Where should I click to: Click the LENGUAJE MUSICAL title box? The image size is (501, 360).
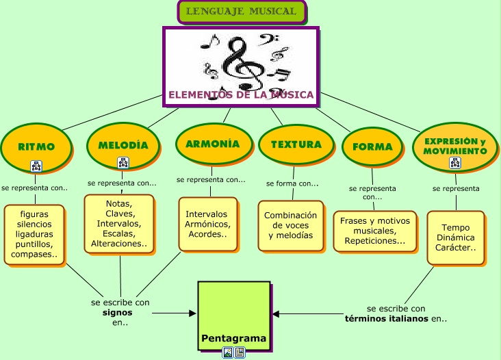pos(241,12)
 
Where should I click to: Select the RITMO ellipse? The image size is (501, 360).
pos(36,146)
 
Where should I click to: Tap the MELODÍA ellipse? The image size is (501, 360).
pos(123,145)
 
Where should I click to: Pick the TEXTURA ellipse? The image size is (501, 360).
pos(296,144)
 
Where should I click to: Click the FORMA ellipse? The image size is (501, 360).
pos(372,146)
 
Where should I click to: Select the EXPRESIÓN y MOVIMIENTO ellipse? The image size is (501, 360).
pos(454,145)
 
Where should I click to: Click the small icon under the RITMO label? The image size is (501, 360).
pos(36,166)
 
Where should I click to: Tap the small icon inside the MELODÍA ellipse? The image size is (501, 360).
pos(123,163)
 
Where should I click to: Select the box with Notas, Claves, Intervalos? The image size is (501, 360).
pos(119,223)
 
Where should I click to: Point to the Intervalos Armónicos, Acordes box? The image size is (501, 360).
pos(207,224)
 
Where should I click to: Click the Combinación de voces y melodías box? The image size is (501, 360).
pos(290,225)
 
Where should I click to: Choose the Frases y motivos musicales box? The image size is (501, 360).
pos(374,231)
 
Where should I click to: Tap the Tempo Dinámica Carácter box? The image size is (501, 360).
pos(455,237)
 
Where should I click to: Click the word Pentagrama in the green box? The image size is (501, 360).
pos(233,339)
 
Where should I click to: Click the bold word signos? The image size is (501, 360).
pos(117,312)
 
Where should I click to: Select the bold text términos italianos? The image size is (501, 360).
pos(386,318)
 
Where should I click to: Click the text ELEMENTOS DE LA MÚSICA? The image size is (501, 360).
pos(241,95)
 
